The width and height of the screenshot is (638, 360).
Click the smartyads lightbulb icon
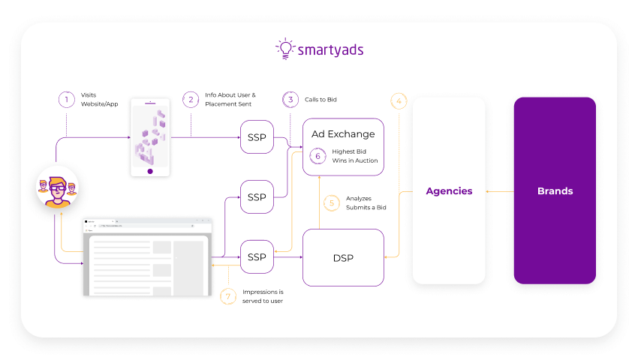[x=286, y=49]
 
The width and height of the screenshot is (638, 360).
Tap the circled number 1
[x=66, y=100]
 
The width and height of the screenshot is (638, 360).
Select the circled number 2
[x=191, y=100]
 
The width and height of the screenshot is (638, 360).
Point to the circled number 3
[x=290, y=100]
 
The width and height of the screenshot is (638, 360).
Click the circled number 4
[x=399, y=101]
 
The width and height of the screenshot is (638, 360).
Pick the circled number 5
[x=332, y=203]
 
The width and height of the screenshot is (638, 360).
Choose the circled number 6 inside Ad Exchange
[x=317, y=156]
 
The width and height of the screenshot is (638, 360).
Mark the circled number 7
[x=228, y=296]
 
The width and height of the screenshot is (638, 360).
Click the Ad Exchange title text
[x=343, y=134]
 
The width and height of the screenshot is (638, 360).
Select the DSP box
[x=344, y=257]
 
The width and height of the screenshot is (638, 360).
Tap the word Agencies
[x=449, y=191]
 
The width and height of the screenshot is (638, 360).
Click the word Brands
[x=555, y=191]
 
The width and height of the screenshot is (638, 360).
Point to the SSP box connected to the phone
[x=257, y=137]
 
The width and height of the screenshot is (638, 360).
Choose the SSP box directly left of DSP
[x=257, y=257]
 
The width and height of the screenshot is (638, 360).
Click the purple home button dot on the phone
[x=150, y=171]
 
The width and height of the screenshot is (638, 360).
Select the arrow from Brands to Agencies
[x=500, y=191]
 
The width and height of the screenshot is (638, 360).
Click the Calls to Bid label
[x=321, y=100]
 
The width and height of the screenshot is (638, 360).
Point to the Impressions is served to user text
[x=263, y=296]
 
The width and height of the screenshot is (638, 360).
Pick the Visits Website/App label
[x=99, y=100]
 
